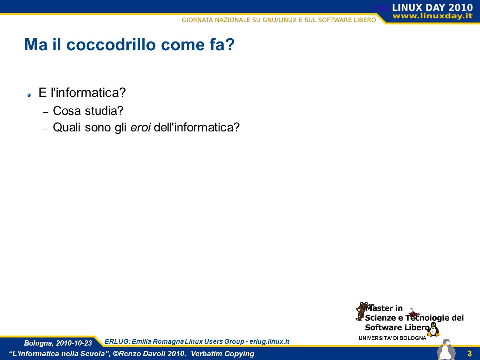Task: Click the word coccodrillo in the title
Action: click(x=111, y=45)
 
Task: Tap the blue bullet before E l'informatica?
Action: click(x=29, y=95)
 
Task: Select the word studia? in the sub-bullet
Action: click(x=104, y=111)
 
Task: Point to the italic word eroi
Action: click(x=141, y=127)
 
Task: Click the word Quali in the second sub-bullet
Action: click(x=67, y=127)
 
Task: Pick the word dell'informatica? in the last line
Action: click(x=197, y=127)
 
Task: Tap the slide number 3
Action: click(x=469, y=353)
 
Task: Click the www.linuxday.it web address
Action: click(x=433, y=16)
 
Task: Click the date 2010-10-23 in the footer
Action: click(x=74, y=343)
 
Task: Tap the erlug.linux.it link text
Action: click(x=269, y=341)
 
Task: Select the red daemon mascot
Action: click(x=414, y=313)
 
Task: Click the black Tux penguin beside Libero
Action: click(x=433, y=329)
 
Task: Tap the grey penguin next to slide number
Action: click(x=446, y=349)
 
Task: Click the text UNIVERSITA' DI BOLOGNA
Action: click(x=392, y=338)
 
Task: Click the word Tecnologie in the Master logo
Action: click(x=428, y=318)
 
